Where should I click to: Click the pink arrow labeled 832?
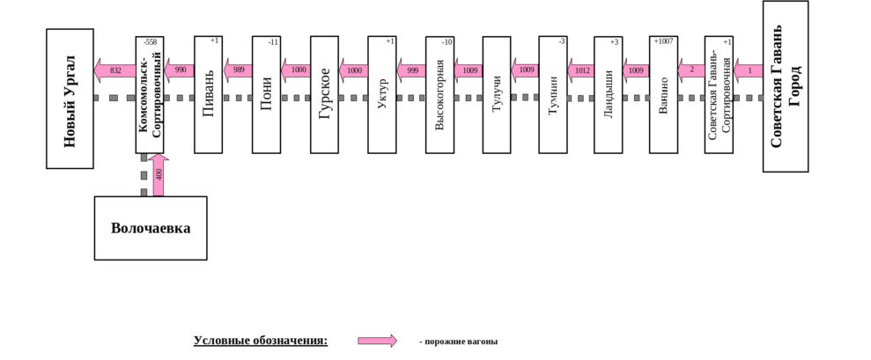pos(114,70)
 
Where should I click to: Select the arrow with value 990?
pos(180,70)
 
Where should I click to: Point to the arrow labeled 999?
pos(411,70)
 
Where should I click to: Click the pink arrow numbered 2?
pos(690,70)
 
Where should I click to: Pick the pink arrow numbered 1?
pos(748,70)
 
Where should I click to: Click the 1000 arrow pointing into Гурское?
pos(297,70)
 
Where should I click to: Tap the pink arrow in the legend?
pos(378,341)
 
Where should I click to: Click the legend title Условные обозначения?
pos(261,340)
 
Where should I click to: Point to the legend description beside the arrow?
pos(458,342)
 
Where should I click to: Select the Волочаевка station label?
pos(151,228)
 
